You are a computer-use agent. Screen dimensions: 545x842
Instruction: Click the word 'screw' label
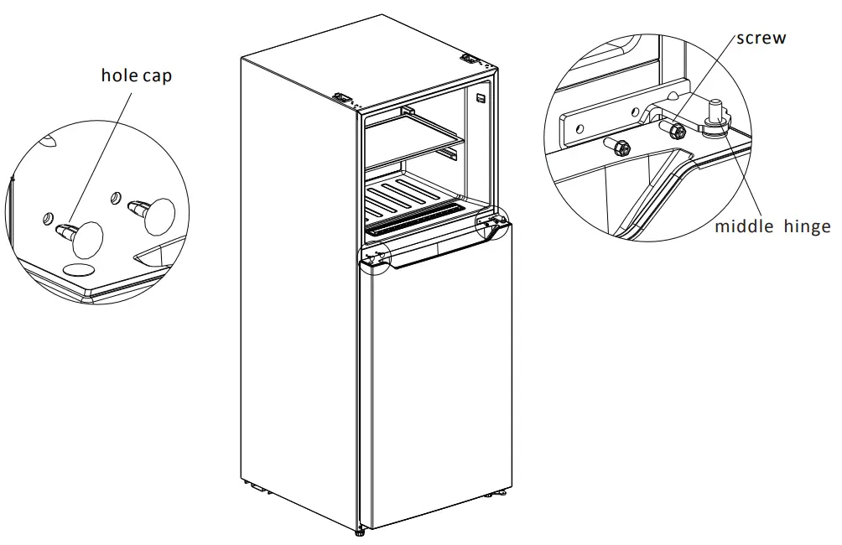pyautogui.click(x=761, y=39)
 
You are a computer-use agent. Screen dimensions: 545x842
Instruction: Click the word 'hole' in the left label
pyautogui.click(x=118, y=75)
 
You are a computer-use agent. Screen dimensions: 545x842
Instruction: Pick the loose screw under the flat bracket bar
pyautogui.click(x=620, y=148)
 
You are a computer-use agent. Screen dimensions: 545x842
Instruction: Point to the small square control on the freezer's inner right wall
pyautogui.click(x=481, y=99)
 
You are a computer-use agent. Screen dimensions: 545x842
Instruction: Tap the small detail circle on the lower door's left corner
pyautogui.click(x=374, y=257)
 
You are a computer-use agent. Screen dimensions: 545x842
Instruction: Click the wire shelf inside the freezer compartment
pyautogui.click(x=414, y=136)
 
